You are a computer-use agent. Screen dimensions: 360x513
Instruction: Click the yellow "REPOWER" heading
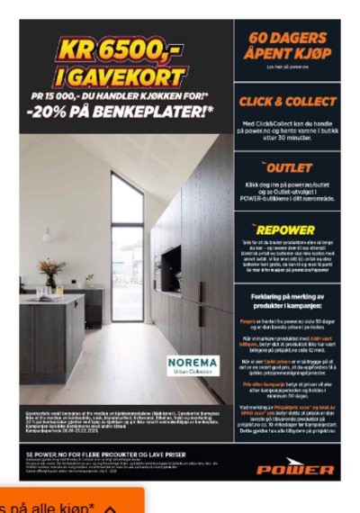pyautogui.click(x=289, y=230)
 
